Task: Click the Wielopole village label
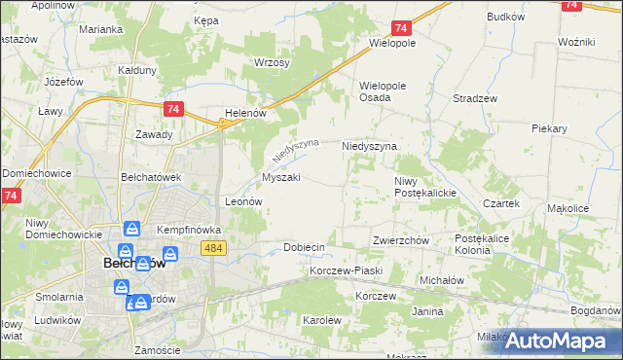[392, 44]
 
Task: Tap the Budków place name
[505, 17]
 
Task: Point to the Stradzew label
[476, 98]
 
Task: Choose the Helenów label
[245, 113]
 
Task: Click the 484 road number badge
[215, 249]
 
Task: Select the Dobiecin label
[304, 247]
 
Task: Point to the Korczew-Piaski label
[346, 270]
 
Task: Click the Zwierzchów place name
[401, 239]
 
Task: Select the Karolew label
[322, 319]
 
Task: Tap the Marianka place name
[101, 29]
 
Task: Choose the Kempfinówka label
[190, 230]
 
